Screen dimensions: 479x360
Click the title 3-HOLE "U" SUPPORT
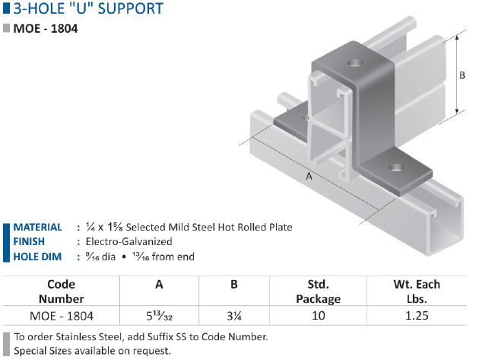coord(88,8)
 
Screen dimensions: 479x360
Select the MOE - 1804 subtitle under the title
coord(46,29)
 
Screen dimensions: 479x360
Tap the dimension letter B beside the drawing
coord(462,75)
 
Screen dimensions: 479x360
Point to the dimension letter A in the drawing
coord(309,176)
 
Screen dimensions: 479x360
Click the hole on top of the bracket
coord(355,64)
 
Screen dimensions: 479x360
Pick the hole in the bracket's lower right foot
coord(397,167)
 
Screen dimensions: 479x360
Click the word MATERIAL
coord(37,228)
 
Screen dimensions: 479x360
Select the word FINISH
coord(29,241)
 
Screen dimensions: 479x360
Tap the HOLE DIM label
coord(37,256)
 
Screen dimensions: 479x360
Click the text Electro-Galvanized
coord(128,241)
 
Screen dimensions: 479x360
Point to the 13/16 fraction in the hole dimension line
coord(141,256)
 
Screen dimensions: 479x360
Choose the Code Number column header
coord(61,292)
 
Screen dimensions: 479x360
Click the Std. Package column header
coord(318,292)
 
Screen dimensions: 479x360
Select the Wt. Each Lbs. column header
coord(417,292)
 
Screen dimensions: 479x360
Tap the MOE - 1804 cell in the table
coord(62,316)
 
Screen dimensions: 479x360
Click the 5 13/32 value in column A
coord(159,316)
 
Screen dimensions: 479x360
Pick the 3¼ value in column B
coord(234,316)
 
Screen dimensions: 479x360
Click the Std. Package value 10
coord(318,316)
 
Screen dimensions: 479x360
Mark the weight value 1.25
coord(417,316)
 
